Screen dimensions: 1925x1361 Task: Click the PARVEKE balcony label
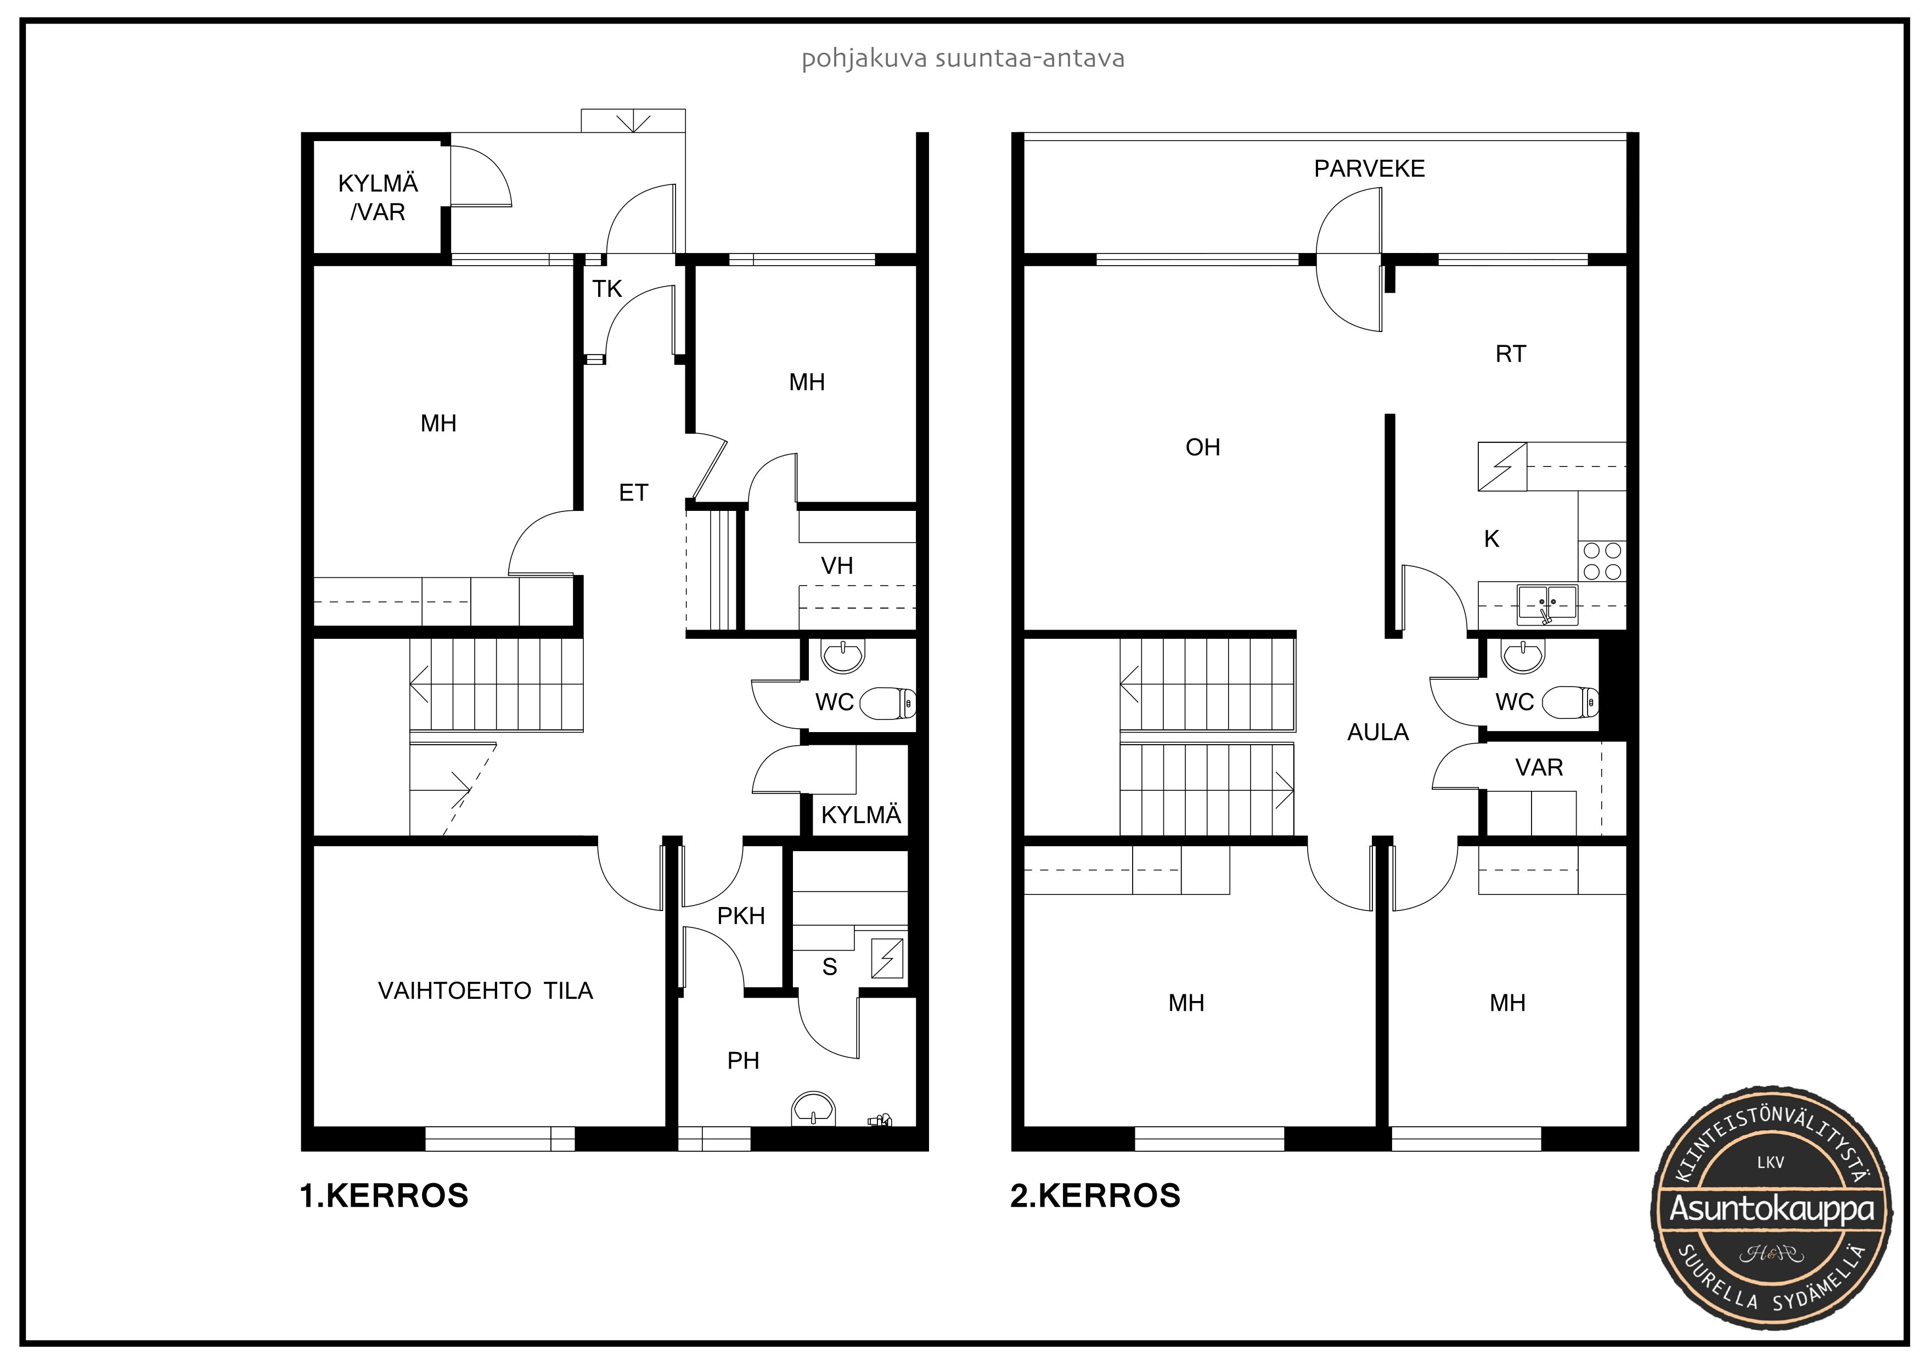1369,168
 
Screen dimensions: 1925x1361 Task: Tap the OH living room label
1202,447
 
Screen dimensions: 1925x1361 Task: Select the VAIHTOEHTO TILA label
486,991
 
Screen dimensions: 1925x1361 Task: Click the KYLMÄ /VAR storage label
378,198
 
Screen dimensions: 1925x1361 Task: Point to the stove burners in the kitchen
1602,561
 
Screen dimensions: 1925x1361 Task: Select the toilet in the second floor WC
1571,702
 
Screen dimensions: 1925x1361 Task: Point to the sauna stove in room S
888,959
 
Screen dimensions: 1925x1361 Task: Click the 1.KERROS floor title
384,1195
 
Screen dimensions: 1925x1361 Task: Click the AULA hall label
1377,732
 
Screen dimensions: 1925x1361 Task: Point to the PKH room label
741,916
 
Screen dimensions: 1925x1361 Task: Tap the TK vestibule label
607,289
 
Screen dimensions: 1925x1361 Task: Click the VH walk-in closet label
837,566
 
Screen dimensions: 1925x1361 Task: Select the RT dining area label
1511,354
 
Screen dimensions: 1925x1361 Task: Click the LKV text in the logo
1771,1162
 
